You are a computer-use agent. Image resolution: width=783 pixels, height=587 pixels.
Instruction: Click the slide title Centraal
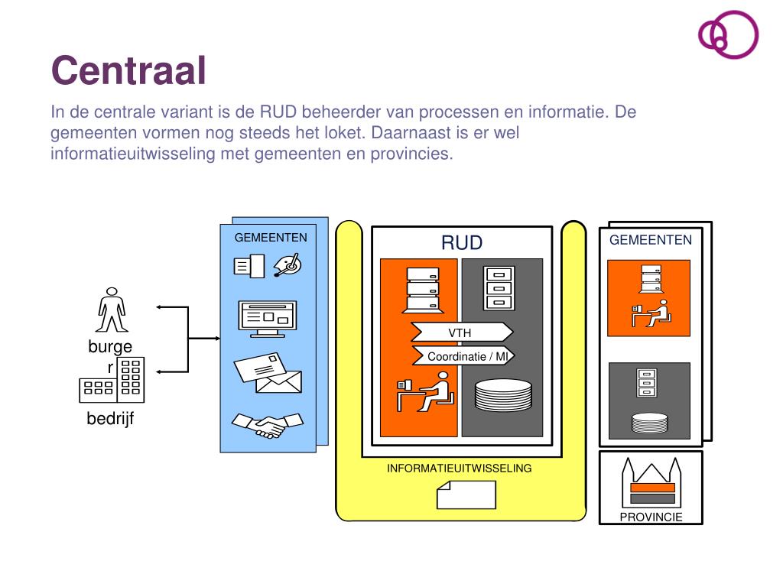pos(128,70)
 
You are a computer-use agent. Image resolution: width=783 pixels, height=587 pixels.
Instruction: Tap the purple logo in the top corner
pos(727,34)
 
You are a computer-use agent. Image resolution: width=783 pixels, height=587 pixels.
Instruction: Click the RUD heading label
pos(461,243)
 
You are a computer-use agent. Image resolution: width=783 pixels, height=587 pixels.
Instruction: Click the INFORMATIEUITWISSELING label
pos(459,469)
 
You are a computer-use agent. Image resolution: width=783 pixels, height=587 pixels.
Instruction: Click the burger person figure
pos(112,310)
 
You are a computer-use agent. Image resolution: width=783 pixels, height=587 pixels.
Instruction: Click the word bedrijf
pos(110,418)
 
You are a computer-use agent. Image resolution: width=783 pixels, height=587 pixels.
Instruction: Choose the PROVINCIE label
pos(651,517)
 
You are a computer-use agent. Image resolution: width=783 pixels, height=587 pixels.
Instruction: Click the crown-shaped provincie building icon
pos(650,481)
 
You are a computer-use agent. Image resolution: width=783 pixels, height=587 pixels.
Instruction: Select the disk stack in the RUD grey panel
pos(502,396)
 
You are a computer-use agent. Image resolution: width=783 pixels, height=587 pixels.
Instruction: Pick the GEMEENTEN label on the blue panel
pos(271,237)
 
